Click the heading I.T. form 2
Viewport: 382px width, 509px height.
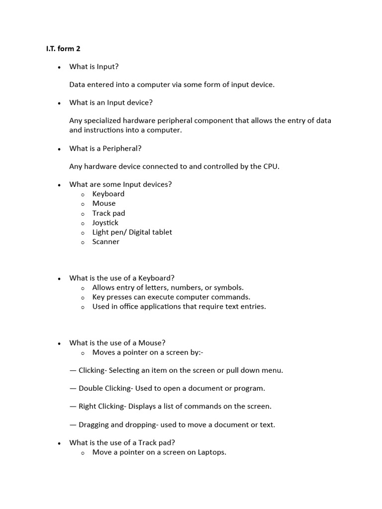pos(63,49)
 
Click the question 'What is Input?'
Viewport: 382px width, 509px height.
pos(94,67)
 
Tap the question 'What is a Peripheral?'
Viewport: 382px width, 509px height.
pos(105,148)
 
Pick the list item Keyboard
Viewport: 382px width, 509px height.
pos(108,194)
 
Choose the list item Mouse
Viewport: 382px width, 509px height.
pos(104,203)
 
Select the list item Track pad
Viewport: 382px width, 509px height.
pos(108,213)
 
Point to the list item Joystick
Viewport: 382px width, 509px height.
pos(105,223)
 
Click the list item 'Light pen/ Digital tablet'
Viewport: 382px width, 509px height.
pos(132,232)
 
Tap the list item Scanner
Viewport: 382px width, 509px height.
pos(106,242)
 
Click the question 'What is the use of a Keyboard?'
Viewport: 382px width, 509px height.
pos(122,278)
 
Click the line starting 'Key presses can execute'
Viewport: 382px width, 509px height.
pos(171,297)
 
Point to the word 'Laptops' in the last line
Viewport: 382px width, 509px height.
pos(211,452)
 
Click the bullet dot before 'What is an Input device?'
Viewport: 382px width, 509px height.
pos(59,103)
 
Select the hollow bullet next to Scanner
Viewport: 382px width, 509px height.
pos(83,242)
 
